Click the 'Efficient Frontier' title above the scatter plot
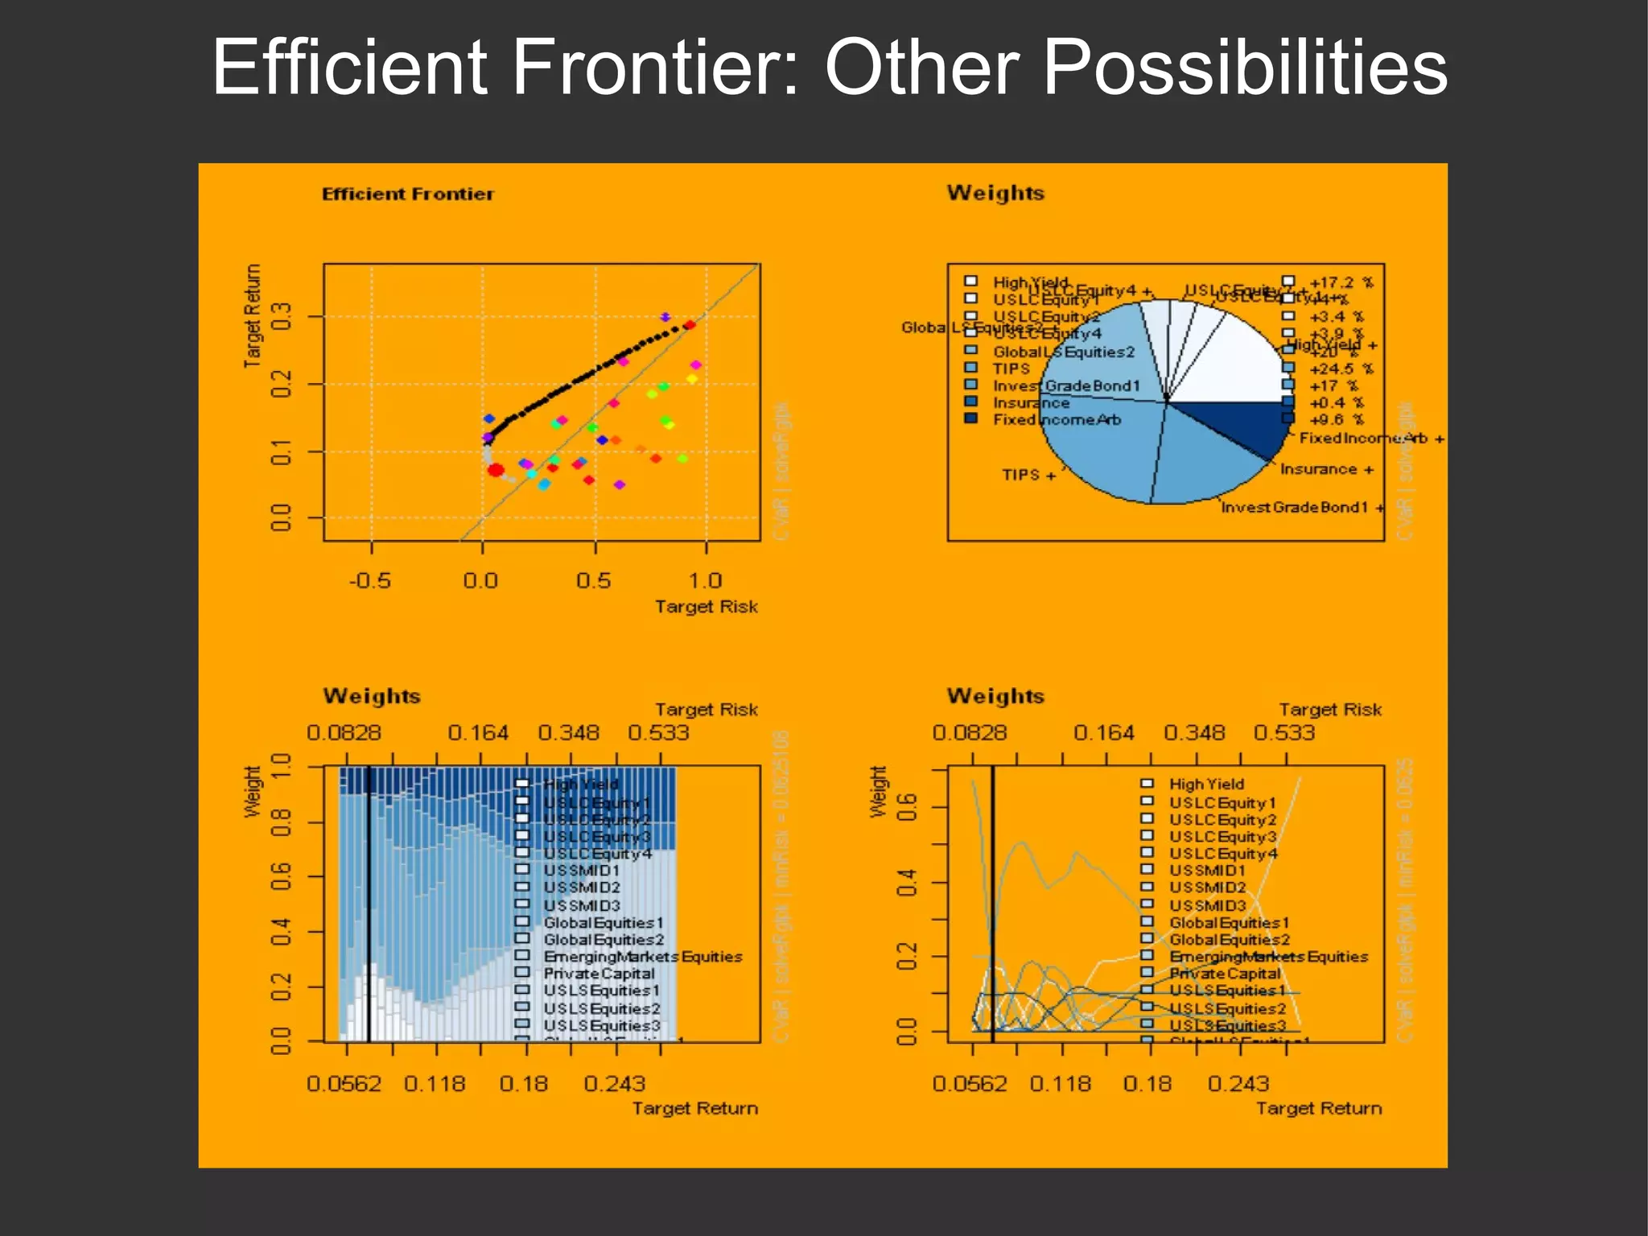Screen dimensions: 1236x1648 coord(407,194)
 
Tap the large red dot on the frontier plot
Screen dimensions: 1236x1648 coord(496,470)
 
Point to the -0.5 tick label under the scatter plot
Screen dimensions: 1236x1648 coord(369,580)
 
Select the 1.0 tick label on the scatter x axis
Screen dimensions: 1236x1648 coord(705,580)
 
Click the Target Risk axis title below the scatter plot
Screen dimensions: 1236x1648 coord(706,607)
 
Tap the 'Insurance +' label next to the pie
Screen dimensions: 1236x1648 coord(1326,469)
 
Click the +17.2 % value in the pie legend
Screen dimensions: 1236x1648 coord(1341,282)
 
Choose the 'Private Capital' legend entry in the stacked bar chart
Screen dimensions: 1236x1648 coord(599,974)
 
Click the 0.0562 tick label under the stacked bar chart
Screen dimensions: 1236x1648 coord(344,1084)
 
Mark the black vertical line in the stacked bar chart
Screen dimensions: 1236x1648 coord(369,901)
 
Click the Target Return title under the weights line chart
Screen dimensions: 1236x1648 coord(1319,1109)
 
